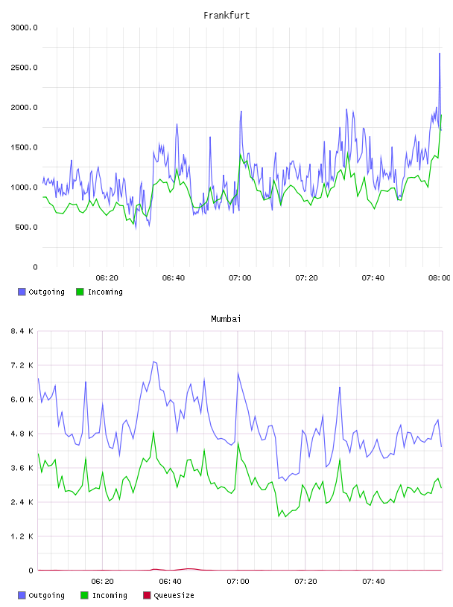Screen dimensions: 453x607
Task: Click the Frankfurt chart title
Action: click(226, 16)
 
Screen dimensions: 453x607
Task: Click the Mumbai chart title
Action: click(226, 319)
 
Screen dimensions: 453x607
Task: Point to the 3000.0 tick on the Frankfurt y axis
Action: click(24, 28)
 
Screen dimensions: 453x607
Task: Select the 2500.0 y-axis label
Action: click(24, 68)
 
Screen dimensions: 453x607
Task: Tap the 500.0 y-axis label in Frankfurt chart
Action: click(26, 227)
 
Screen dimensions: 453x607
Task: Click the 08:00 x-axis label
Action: click(440, 278)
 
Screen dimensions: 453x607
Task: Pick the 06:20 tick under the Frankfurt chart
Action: click(107, 278)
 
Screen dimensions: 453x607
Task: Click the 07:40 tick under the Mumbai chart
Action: click(373, 582)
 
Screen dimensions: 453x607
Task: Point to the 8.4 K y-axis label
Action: click(22, 331)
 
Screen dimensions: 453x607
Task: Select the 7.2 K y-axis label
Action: click(22, 365)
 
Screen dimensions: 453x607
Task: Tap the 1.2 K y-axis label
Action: click(22, 536)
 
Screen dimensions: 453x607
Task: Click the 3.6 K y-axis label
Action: click(22, 468)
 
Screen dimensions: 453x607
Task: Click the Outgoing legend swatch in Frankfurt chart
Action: click(22, 292)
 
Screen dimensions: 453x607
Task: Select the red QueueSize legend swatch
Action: click(147, 595)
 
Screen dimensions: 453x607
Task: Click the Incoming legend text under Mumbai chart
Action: click(110, 595)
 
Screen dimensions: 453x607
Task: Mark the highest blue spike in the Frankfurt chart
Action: click(440, 54)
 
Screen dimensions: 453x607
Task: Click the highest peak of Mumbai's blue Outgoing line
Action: click(154, 362)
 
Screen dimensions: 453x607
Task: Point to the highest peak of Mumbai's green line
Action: click(153, 431)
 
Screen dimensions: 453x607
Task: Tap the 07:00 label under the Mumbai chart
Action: click(238, 582)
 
